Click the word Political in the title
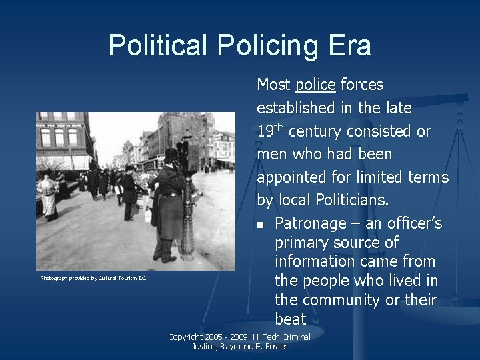pyautogui.click(x=158, y=46)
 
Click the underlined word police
pyautogui.click(x=315, y=85)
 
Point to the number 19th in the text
pyautogui.click(x=270, y=131)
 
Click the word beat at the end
pyautogui.click(x=290, y=319)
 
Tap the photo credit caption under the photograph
pyautogui.click(x=93, y=278)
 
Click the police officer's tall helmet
pyautogui.click(x=171, y=155)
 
